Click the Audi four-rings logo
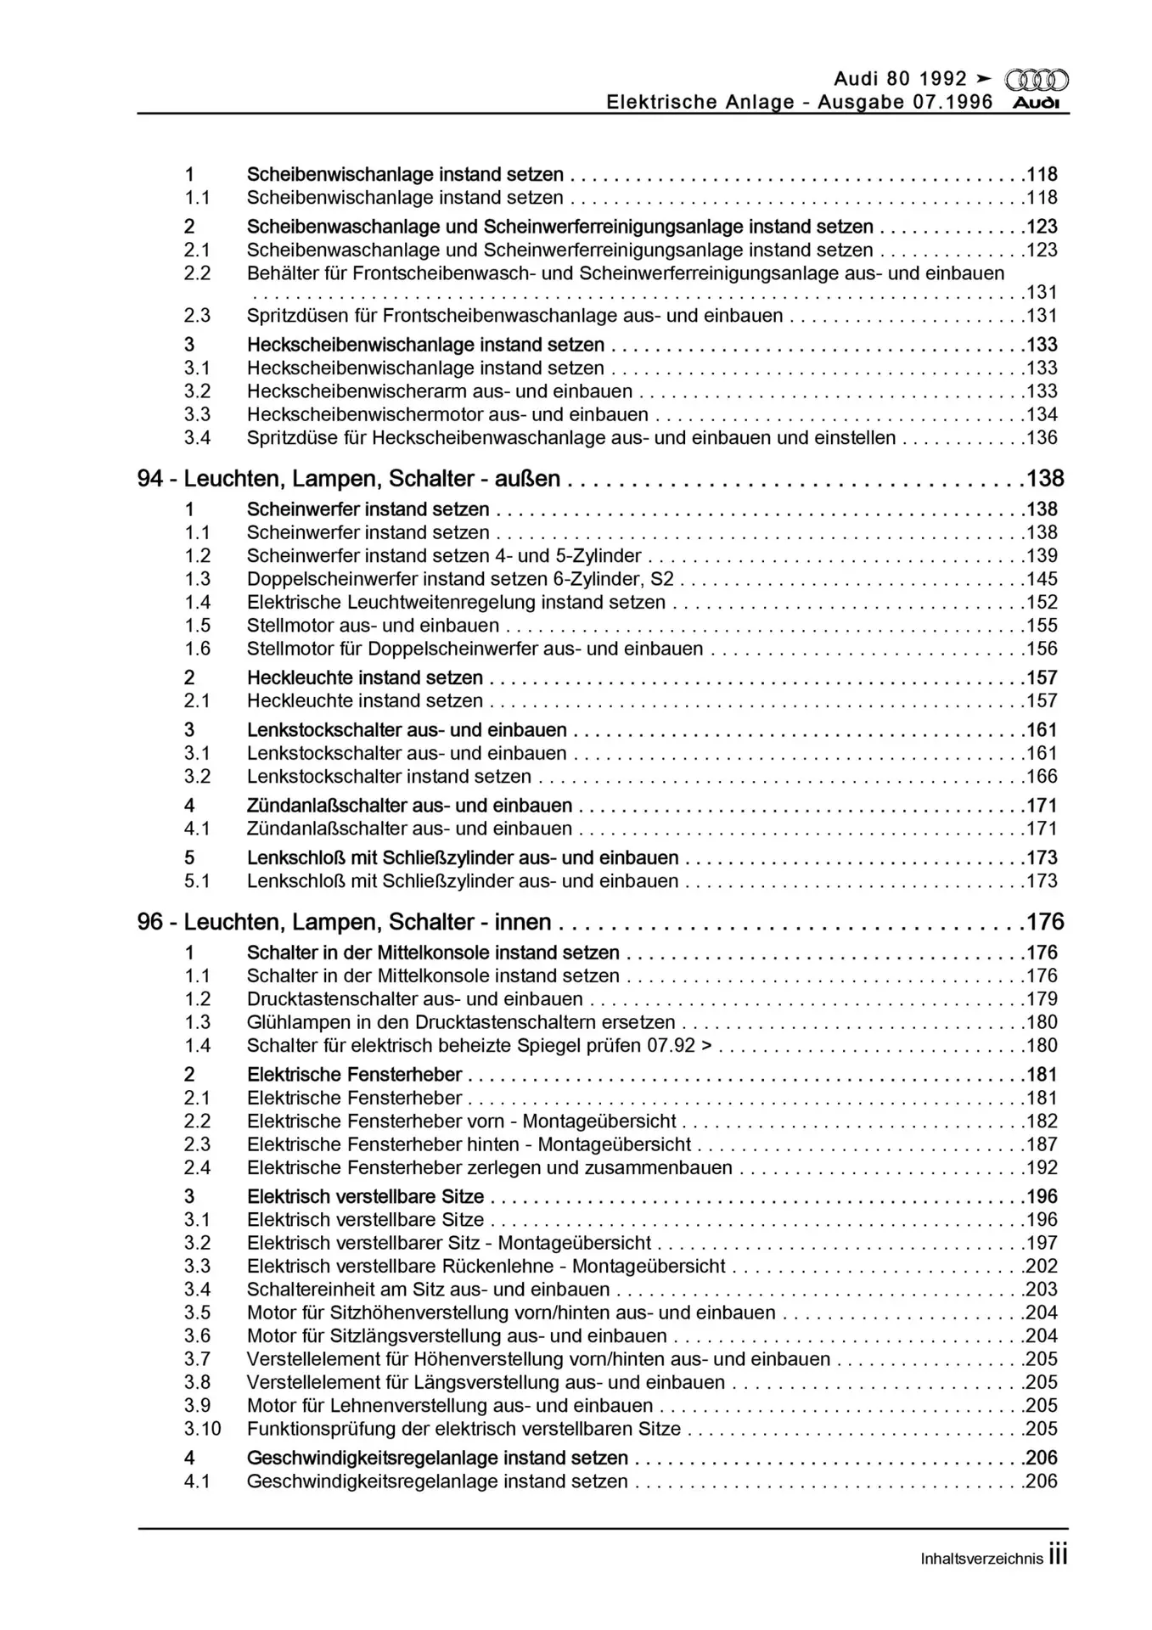[1037, 81]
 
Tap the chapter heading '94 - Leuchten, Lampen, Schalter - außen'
[348, 480]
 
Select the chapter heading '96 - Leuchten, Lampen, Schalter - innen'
[344, 923]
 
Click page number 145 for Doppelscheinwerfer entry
[1042, 580]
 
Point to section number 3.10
[202, 1430]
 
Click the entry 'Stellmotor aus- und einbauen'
[373, 627]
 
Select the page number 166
[1042, 777]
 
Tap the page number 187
[1042, 1145]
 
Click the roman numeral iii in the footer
[1057, 1556]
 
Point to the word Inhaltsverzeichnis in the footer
[981, 1560]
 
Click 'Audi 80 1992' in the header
[901, 80]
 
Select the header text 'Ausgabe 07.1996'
[905, 103]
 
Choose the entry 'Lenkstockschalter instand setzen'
[389, 777]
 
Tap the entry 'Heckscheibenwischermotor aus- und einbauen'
[447, 415]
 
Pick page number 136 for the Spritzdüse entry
[1042, 439]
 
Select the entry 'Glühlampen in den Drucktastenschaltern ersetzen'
[461, 1023]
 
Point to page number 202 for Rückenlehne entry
[1042, 1267]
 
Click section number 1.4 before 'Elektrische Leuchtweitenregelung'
[197, 603]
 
